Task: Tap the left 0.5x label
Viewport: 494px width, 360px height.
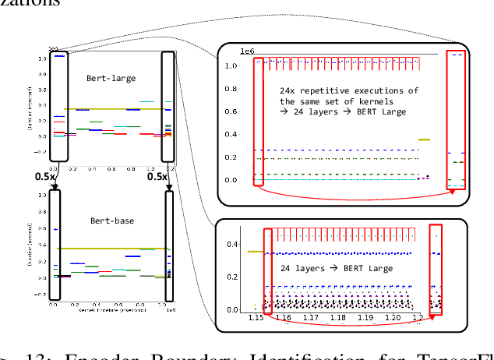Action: coord(43,176)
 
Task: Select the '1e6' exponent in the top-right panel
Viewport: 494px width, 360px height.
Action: coord(248,51)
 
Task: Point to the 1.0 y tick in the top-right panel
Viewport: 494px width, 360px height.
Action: coord(230,65)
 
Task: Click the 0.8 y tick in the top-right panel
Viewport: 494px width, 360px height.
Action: coord(230,89)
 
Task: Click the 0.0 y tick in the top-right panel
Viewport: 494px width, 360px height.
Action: coord(230,180)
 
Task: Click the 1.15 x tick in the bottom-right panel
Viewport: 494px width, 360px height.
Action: coord(255,319)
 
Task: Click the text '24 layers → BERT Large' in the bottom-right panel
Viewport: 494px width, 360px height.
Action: coord(337,269)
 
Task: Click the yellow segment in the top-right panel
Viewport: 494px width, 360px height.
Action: coord(424,139)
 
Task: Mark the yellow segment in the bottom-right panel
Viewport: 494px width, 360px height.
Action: coord(255,252)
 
